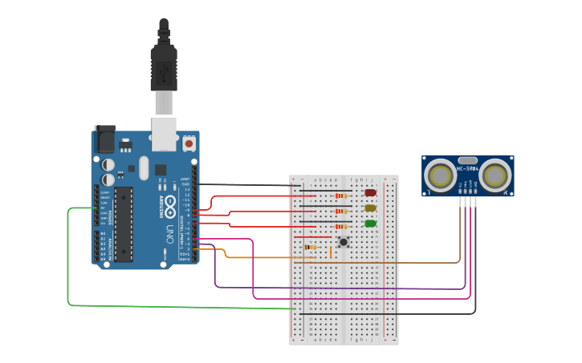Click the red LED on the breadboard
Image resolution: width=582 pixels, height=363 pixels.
[371, 192]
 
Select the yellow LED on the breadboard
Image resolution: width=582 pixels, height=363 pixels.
[371, 208]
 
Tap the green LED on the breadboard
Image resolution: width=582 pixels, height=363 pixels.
[371, 224]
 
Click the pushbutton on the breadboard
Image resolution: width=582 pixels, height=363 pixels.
[344, 241]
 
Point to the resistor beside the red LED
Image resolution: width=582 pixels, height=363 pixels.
[341, 196]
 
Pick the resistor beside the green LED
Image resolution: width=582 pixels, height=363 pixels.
[341, 226]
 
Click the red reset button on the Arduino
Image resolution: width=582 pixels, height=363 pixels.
[189, 143]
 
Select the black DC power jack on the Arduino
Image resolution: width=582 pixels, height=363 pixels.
[105, 139]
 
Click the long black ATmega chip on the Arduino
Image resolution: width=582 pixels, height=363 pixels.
[124, 224]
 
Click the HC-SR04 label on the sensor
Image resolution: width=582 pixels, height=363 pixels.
[467, 169]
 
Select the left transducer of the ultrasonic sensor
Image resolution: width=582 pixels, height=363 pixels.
[440, 175]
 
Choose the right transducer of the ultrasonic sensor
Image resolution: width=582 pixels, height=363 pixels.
[496, 175]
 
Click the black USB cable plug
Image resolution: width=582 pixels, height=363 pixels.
[164, 68]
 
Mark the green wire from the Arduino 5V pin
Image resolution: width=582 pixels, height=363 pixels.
[68, 264]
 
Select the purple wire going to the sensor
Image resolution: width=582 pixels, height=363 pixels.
[337, 288]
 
